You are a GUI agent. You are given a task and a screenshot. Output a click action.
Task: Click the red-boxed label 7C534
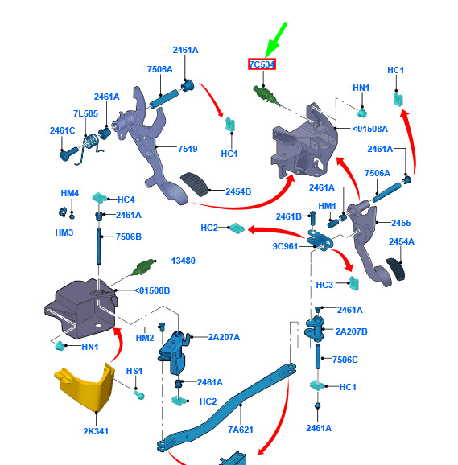[x=262, y=64]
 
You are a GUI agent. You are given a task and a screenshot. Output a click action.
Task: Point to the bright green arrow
[x=275, y=40]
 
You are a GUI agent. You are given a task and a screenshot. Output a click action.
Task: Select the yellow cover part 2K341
[x=85, y=387]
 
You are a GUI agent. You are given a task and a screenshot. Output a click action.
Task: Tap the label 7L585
[x=85, y=113]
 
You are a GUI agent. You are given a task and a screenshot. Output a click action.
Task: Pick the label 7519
[x=188, y=149]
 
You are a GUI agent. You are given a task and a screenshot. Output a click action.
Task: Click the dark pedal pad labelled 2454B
[x=195, y=184]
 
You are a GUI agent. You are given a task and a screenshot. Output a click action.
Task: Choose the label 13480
[x=183, y=261]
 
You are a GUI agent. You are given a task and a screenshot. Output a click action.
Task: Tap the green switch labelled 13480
[x=143, y=267]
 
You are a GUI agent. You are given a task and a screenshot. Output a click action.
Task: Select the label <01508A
[x=370, y=129]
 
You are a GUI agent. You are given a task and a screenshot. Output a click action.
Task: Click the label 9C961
[x=285, y=246]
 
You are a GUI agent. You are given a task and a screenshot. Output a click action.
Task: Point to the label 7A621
[x=241, y=430]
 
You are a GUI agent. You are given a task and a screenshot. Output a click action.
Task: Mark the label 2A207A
[x=224, y=337]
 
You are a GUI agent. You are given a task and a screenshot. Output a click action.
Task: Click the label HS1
[x=134, y=371]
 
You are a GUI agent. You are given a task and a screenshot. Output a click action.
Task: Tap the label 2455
[x=401, y=223]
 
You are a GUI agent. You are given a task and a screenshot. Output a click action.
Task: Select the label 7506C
[x=345, y=360]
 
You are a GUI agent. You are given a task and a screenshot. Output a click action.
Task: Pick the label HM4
[x=70, y=193]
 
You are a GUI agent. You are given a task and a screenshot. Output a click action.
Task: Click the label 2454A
[x=402, y=241]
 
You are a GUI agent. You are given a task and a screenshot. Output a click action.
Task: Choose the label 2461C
[x=62, y=130]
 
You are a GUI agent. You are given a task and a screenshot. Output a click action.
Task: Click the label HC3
[x=324, y=285]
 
